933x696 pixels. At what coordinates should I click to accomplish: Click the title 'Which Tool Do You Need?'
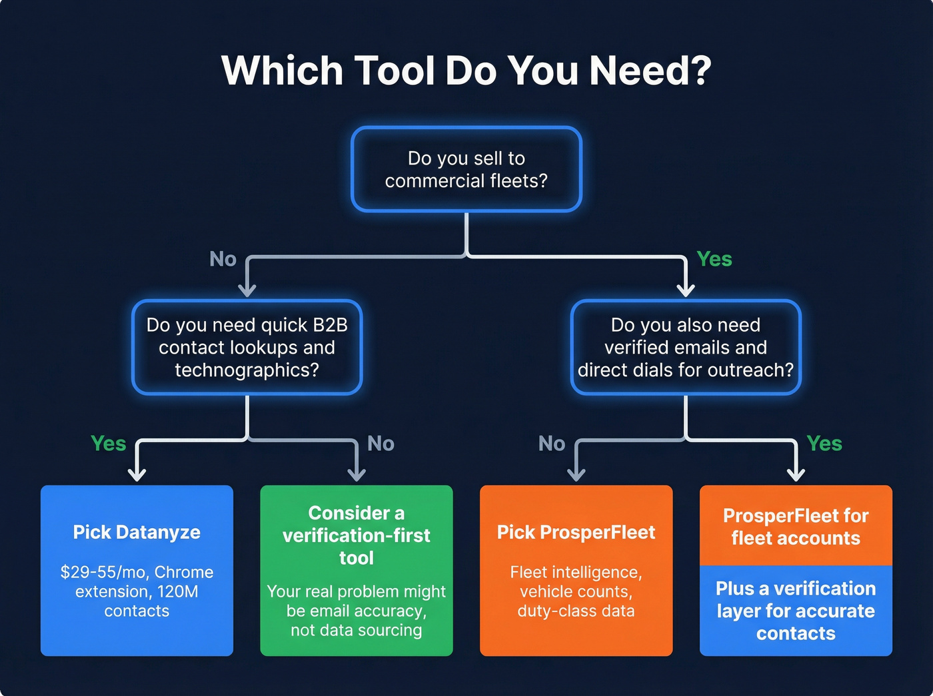[x=467, y=70]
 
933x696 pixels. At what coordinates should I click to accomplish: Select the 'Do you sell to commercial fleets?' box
[x=467, y=169]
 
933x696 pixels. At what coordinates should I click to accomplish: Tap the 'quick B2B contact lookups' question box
[x=247, y=347]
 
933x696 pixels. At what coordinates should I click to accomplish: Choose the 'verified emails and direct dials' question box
[x=686, y=347]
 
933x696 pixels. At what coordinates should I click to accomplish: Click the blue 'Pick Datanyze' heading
[x=137, y=532]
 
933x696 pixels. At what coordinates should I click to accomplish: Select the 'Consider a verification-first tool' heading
[x=357, y=535]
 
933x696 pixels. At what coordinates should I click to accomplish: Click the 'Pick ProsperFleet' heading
[x=576, y=532]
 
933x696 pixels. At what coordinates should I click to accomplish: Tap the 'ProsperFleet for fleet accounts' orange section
[x=796, y=526]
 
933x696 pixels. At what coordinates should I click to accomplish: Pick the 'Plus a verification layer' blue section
[x=796, y=611]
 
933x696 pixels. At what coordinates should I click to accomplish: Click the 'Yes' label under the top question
[x=714, y=259]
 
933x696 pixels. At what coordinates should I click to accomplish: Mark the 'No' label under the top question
[x=223, y=259]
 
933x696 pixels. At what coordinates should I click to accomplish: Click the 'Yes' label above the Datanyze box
[x=108, y=444]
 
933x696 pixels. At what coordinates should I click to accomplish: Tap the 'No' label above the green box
[x=381, y=444]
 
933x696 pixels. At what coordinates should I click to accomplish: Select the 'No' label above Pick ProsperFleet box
[x=551, y=444]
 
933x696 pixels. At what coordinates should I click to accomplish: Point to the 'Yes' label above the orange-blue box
[x=824, y=444]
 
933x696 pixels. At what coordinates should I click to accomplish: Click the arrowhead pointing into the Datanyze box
[x=137, y=474]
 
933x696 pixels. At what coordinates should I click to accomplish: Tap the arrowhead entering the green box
[x=357, y=474]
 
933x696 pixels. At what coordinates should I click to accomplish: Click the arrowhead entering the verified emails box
[x=686, y=290]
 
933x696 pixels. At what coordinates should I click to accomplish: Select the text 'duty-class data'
[x=576, y=611]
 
